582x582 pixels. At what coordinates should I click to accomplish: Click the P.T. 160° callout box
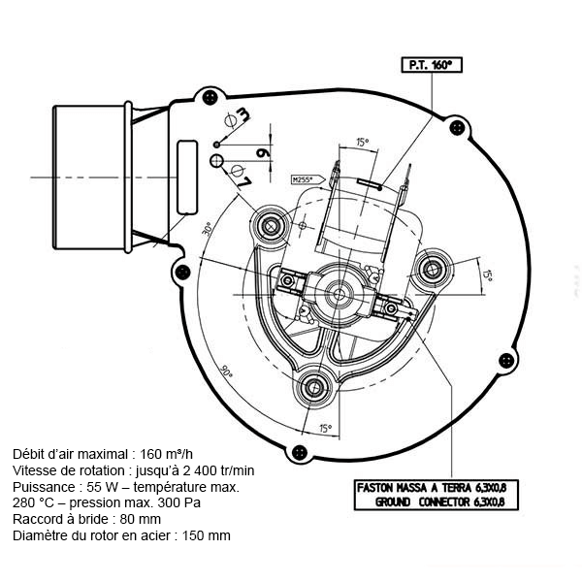[428, 66]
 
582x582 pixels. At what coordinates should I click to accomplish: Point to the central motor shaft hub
[340, 289]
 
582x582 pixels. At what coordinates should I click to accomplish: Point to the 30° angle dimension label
[208, 232]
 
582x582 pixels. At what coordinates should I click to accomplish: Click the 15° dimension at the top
[363, 143]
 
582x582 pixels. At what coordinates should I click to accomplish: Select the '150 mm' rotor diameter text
[208, 535]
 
